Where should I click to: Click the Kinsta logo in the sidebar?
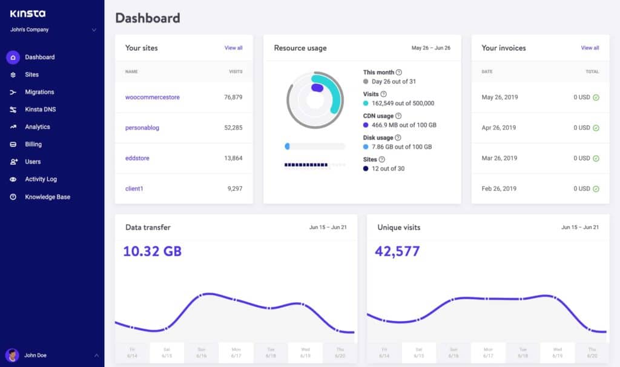(x=28, y=13)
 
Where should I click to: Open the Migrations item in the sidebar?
(x=39, y=92)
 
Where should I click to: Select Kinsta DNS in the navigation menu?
(x=40, y=110)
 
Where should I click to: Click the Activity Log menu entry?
(x=42, y=179)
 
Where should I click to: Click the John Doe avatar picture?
(x=12, y=355)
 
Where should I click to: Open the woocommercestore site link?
(x=152, y=97)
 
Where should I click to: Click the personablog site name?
(x=142, y=128)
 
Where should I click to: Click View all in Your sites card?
(x=233, y=48)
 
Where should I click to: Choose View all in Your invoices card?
(x=590, y=48)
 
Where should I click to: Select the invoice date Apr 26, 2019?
(x=498, y=128)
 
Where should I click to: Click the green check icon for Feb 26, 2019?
(x=596, y=189)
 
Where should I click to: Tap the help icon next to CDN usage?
(x=398, y=116)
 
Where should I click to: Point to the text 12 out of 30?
(x=387, y=168)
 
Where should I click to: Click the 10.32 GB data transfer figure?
(x=152, y=251)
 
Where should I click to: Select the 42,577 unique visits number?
(x=397, y=251)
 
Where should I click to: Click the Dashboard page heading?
(x=147, y=18)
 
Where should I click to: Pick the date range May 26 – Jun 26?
(x=430, y=48)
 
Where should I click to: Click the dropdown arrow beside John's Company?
(x=94, y=30)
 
